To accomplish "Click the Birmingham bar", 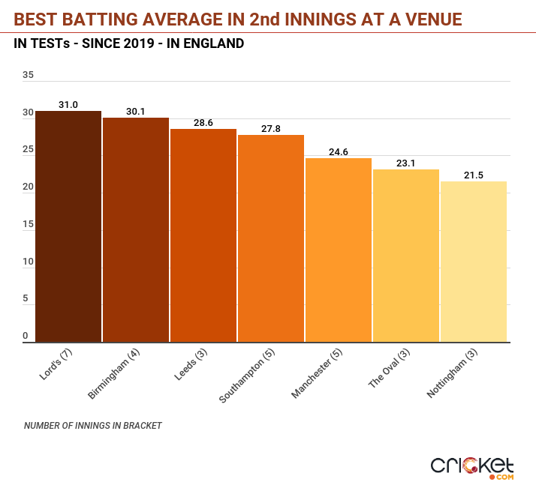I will pyautogui.click(x=136, y=229).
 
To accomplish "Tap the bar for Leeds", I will pyautogui.click(x=203, y=235).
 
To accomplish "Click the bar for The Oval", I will pyautogui.click(x=406, y=256).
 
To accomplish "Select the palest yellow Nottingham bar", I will pyautogui.click(x=474, y=262).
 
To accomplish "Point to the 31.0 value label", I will pyautogui.click(x=68, y=105).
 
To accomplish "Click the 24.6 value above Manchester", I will pyautogui.click(x=339, y=152).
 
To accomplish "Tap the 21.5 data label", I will pyautogui.click(x=474, y=175).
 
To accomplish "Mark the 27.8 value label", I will pyautogui.click(x=271, y=129).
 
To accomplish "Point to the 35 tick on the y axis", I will pyautogui.click(x=29, y=75).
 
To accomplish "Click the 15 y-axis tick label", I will pyautogui.click(x=29, y=224).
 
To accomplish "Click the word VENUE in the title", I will pyautogui.click(x=429, y=17).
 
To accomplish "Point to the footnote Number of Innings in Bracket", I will pyautogui.click(x=93, y=426).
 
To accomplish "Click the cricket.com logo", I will pyautogui.click(x=472, y=467).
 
